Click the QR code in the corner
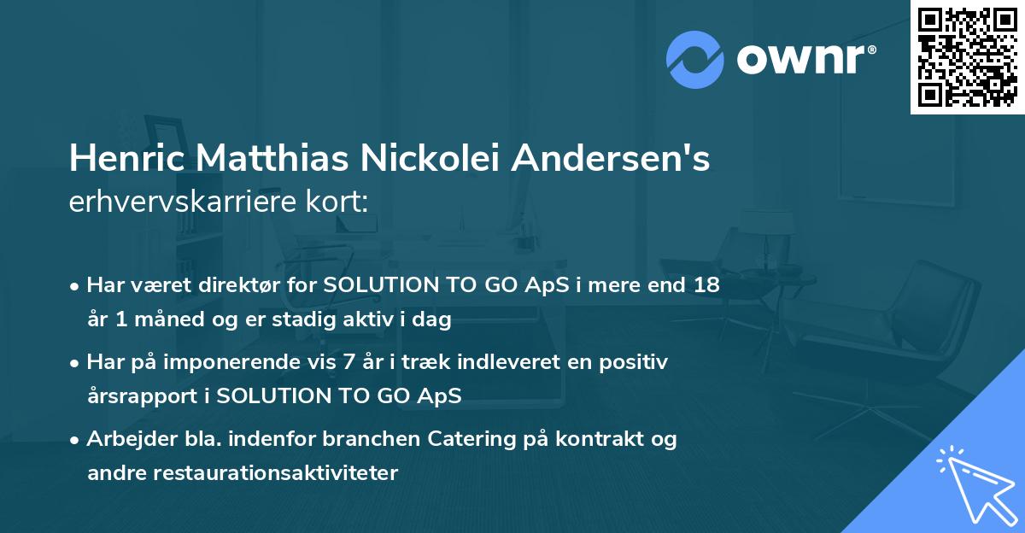tap(967, 57)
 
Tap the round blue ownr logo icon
tap(695, 58)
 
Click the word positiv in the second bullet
tap(636, 362)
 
